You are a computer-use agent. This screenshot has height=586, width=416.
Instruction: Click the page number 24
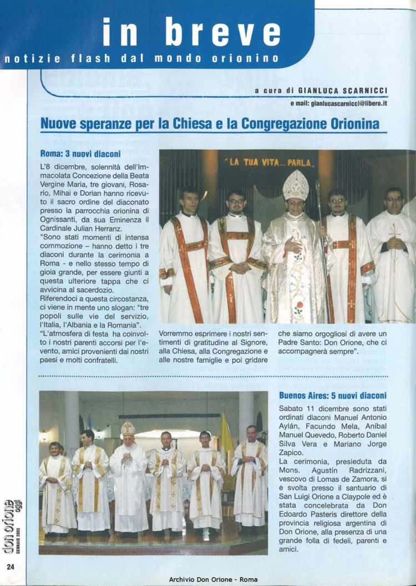10,566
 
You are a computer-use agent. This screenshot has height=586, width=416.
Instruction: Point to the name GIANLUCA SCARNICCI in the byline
343,90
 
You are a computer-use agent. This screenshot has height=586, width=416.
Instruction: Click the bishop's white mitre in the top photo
295,186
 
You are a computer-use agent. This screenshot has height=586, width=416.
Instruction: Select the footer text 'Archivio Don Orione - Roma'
213,580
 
